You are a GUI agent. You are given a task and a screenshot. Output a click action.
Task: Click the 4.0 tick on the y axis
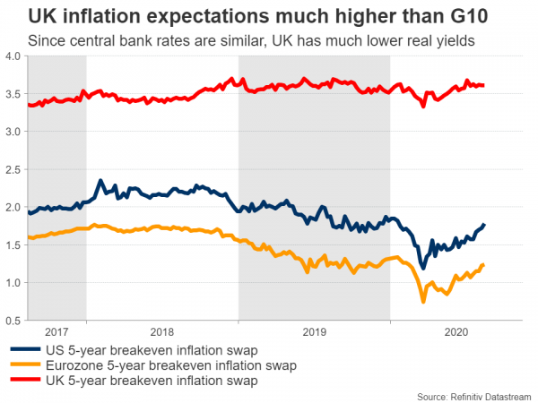[13, 56]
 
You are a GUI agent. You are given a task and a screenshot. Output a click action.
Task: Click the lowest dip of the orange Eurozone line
[424, 303]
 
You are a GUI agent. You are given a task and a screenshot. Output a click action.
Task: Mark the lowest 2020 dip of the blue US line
[423, 267]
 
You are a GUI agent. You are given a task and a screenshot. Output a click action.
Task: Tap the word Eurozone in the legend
[78, 365]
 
